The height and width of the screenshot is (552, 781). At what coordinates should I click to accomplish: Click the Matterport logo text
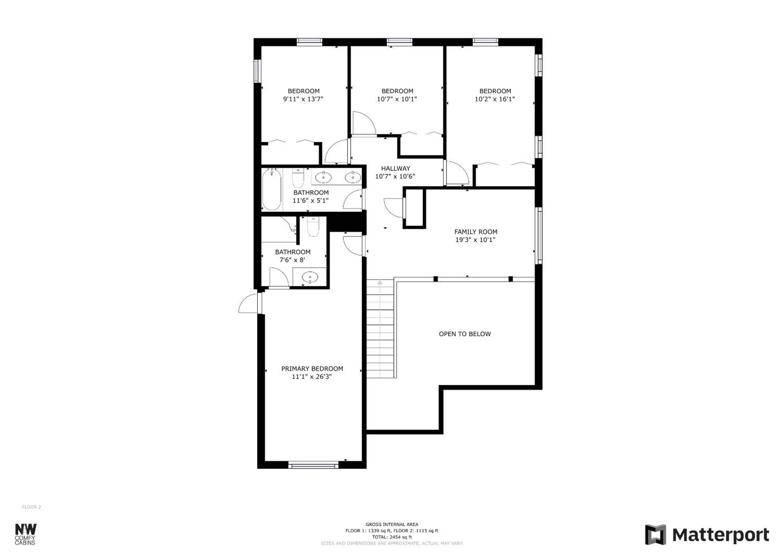click(x=721, y=535)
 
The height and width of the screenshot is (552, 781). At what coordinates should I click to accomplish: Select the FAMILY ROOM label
click(x=476, y=232)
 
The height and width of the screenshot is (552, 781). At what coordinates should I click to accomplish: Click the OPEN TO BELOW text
click(x=465, y=334)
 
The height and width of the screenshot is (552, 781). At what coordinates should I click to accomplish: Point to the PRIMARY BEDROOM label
click(x=312, y=368)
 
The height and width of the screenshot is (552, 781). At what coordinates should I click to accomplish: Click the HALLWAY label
click(x=395, y=168)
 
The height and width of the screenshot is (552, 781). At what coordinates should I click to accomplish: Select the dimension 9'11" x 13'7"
click(x=303, y=99)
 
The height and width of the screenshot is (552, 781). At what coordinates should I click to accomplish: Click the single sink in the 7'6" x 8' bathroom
click(x=310, y=277)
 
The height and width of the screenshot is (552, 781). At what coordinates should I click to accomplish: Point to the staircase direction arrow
click(x=380, y=282)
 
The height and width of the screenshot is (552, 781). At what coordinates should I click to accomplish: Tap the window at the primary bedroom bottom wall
click(x=313, y=465)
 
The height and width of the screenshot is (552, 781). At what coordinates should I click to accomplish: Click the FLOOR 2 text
click(x=31, y=507)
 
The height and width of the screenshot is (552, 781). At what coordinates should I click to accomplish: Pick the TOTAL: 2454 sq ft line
click(x=392, y=537)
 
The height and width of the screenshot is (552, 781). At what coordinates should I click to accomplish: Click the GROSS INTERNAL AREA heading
click(x=392, y=525)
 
